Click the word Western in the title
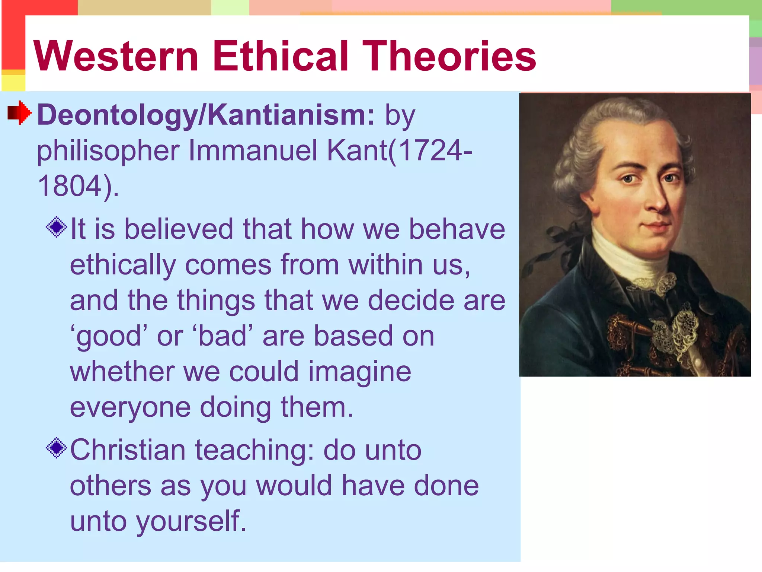pyautogui.click(x=116, y=57)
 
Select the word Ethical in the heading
pyautogui.click(x=281, y=57)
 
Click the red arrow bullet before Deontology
pyautogui.click(x=19, y=112)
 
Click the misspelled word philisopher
pyautogui.click(x=108, y=151)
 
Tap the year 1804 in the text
pyautogui.click(x=70, y=186)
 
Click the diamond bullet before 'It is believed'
pyautogui.click(x=57, y=227)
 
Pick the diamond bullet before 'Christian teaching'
pyautogui.click(x=57, y=448)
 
